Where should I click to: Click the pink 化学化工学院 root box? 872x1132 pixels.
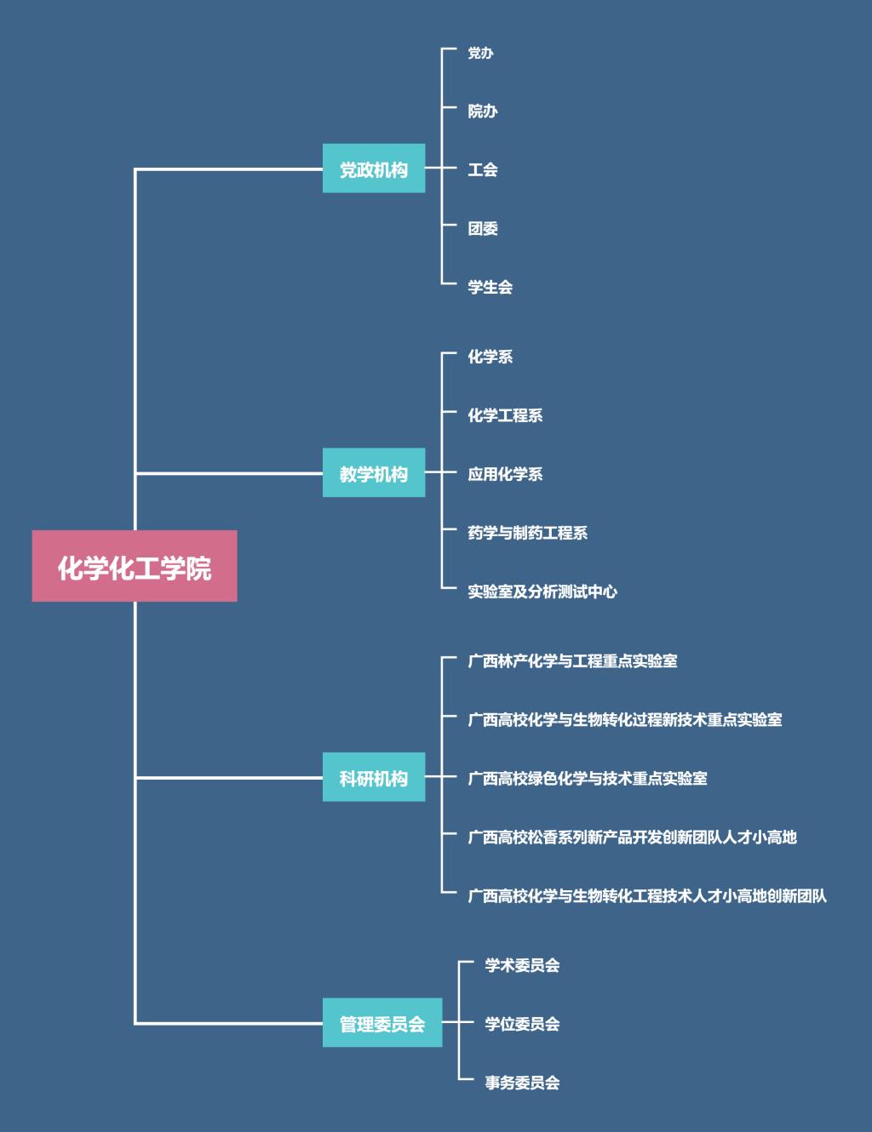tap(135, 566)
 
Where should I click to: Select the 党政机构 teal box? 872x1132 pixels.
tap(373, 169)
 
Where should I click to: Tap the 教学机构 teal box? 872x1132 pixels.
tap(373, 472)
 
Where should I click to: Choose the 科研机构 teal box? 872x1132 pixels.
tap(373, 777)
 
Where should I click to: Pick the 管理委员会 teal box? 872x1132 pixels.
tap(381, 1022)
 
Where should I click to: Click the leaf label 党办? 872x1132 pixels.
tap(480, 53)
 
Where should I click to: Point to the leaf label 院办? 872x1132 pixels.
tap(482, 111)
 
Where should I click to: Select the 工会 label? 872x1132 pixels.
tap(482, 169)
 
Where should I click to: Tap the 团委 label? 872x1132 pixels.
tap(482, 228)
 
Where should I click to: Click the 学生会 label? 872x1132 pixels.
tap(490, 287)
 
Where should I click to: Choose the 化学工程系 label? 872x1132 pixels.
tap(505, 415)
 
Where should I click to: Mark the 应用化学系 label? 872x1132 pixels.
tap(505, 474)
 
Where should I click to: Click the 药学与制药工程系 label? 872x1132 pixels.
tap(527, 533)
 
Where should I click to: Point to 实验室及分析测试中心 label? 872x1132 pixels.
tap(542, 592)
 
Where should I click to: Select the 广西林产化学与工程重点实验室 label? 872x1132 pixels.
tap(572, 660)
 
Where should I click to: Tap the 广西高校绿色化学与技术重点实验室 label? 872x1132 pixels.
tap(588, 778)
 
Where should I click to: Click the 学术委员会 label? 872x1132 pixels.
tap(522, 965)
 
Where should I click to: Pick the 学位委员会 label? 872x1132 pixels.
tap(522, 1024)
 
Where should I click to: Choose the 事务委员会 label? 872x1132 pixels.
tap(522, 1083)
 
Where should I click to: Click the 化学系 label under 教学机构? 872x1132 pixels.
tap(490, 357)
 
